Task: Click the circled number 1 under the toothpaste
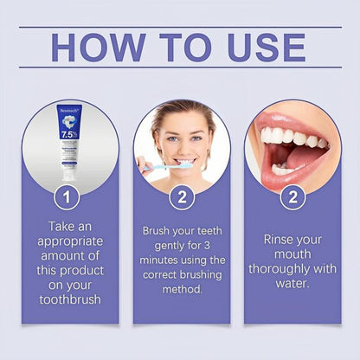tap(67, 197)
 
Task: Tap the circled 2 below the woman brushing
tap(181, 197)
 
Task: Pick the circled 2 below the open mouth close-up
tap(294, 197)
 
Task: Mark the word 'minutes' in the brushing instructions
tap(162, 260)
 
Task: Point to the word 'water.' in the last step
tap(294, 283)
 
